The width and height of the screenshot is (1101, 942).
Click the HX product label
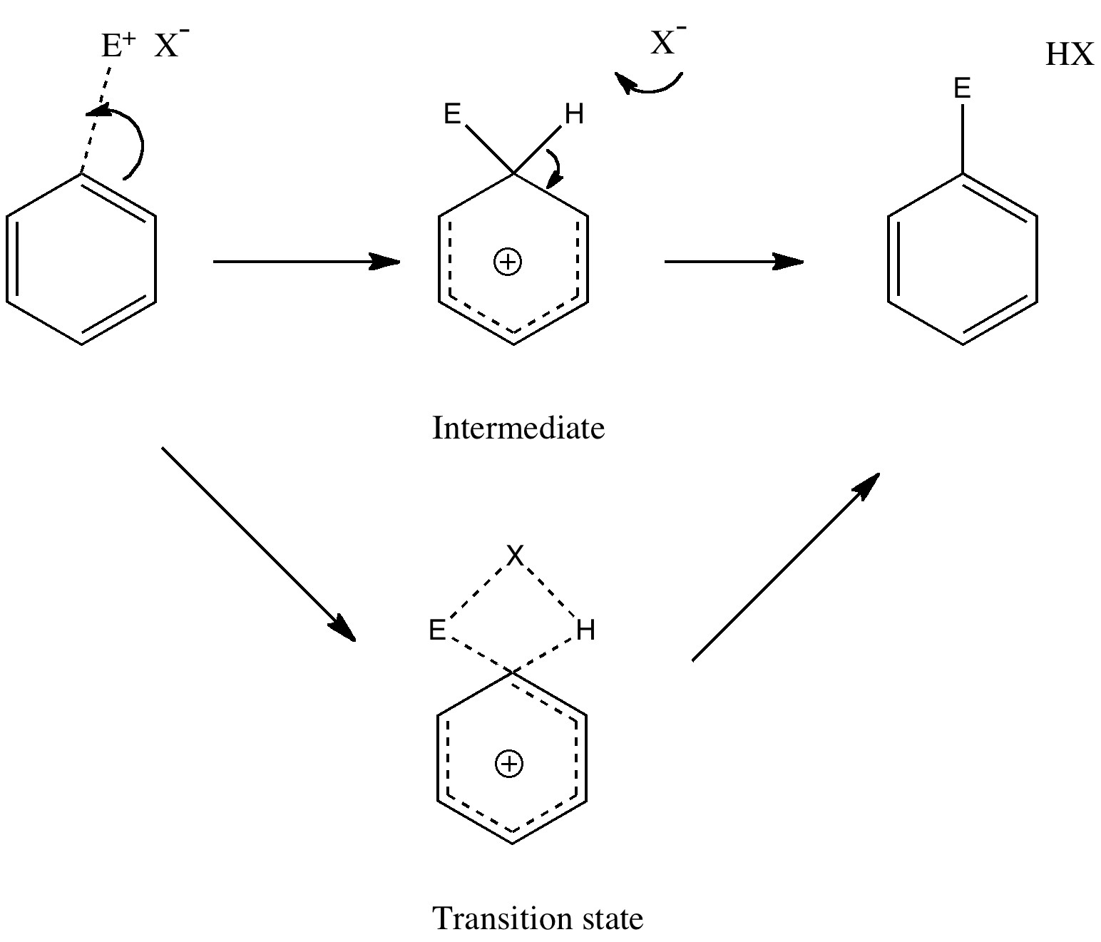tap(1069, 55)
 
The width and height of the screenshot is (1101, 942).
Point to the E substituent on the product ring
tap(962, 89)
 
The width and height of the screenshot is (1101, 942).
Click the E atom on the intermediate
tap(453, 113)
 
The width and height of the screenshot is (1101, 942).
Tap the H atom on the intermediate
tap(574, 113)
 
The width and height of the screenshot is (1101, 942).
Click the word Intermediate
tap(518, 429)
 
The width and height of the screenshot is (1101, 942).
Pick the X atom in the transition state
tap(515, 556)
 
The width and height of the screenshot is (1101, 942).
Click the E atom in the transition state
tap(437, 630)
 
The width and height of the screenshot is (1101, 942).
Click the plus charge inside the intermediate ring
tap(508, 262)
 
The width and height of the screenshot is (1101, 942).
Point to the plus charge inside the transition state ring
tap(508, 764)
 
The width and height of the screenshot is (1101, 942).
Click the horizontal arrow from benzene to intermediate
tap(307, 262)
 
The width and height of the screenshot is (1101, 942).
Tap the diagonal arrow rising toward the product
tap(785, 567)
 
